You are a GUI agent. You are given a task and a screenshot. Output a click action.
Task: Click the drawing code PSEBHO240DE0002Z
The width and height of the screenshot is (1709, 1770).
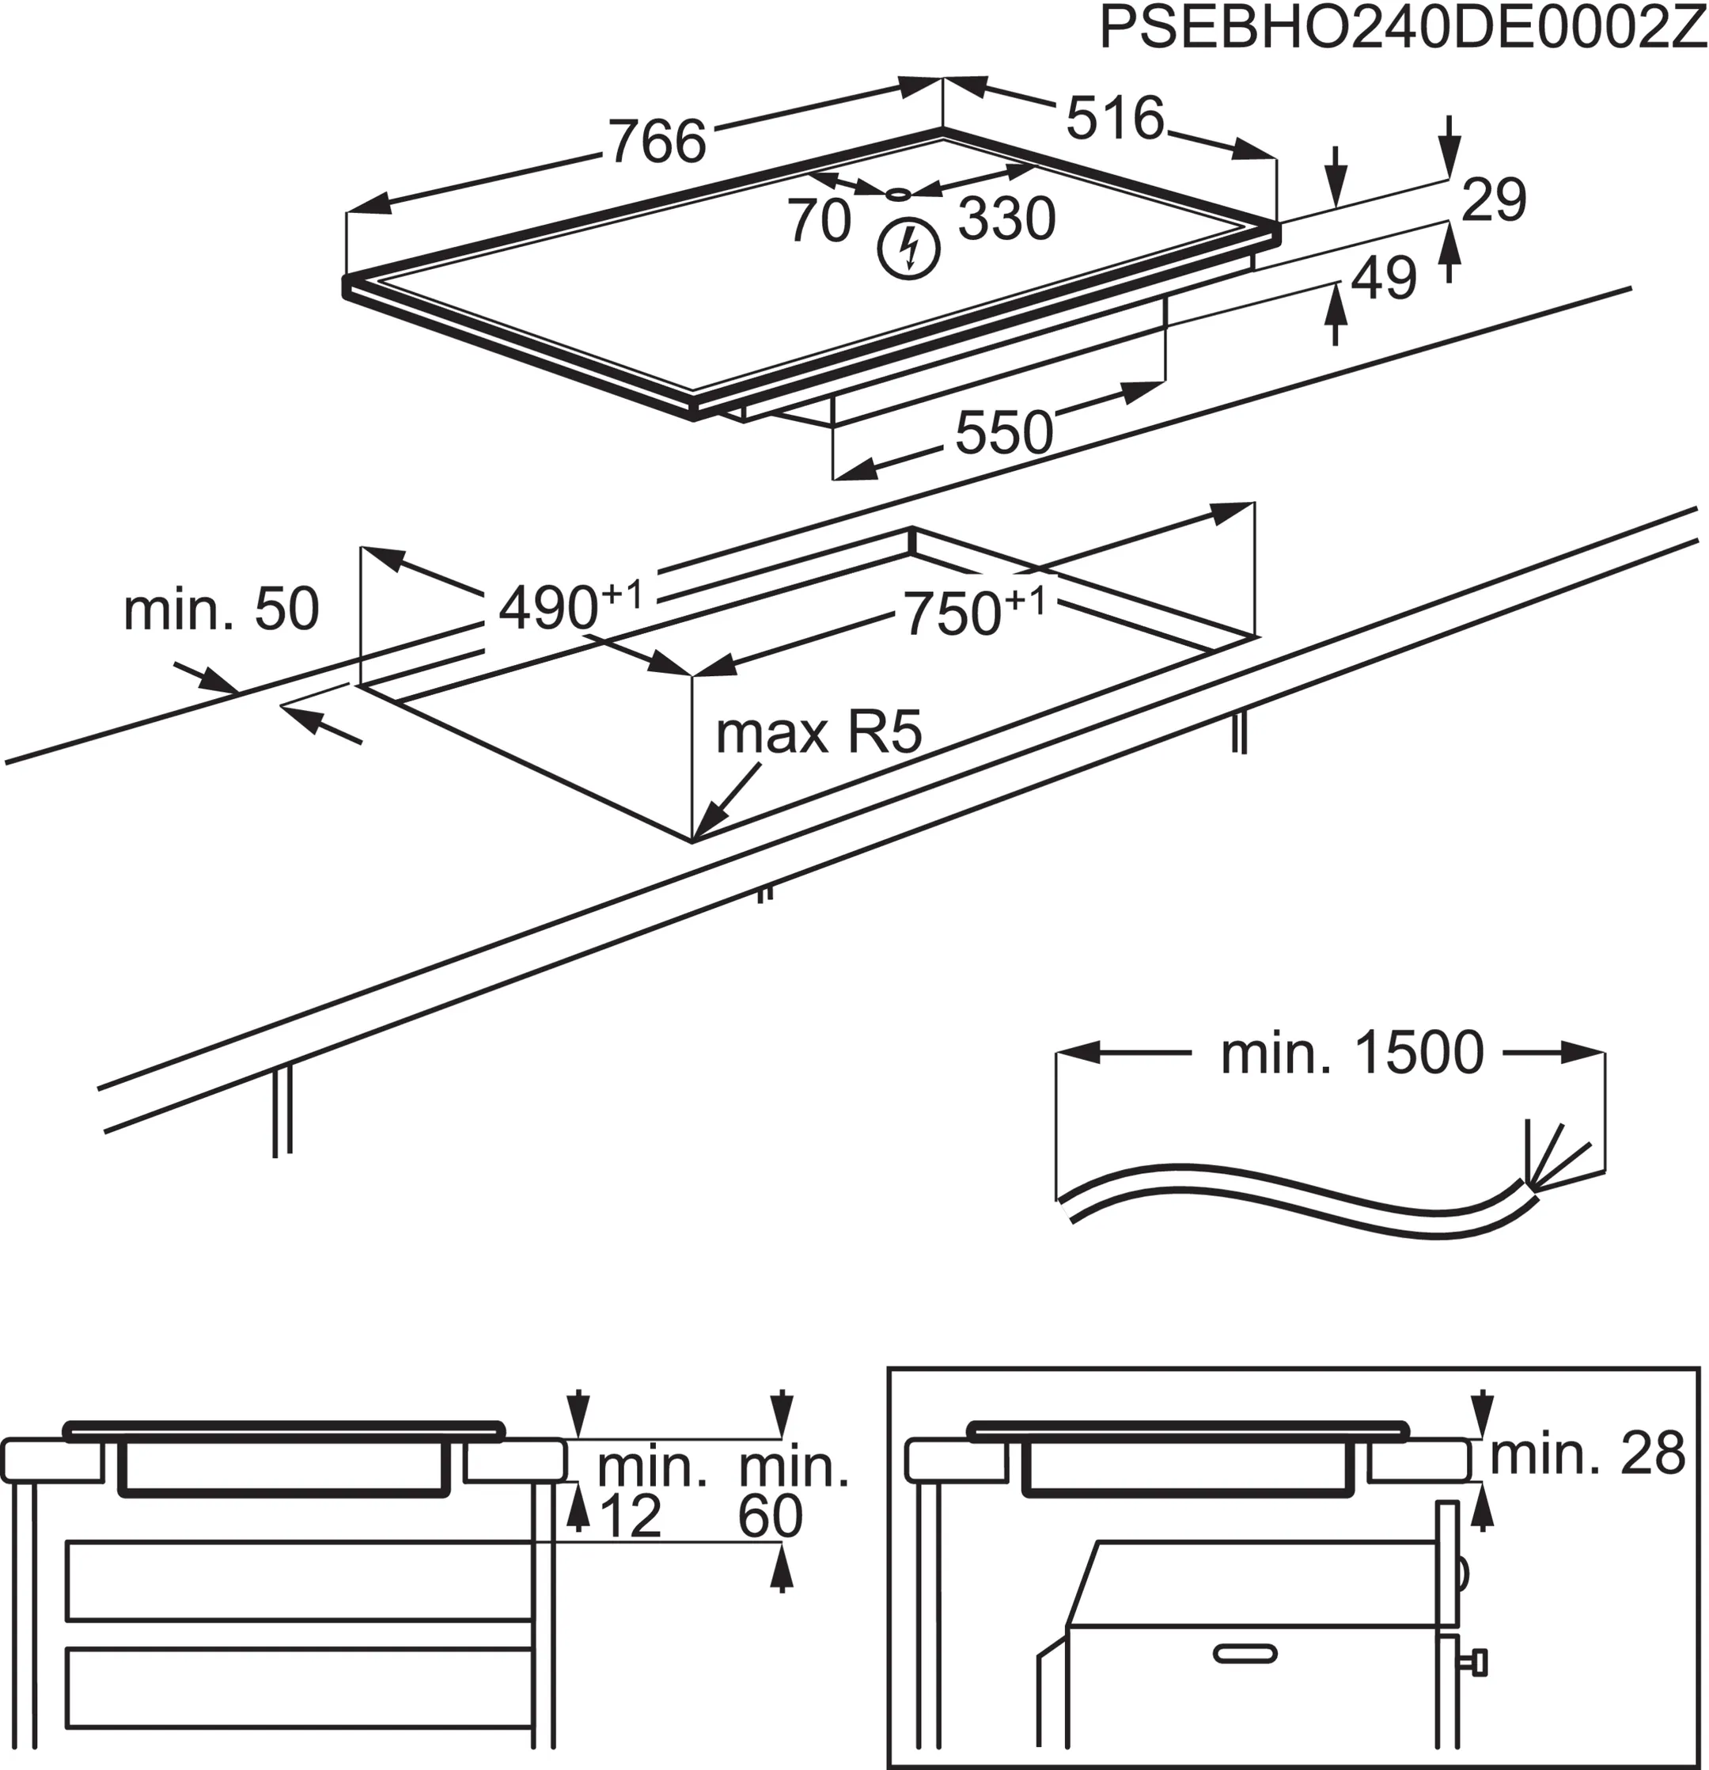click(x=1402, y=30)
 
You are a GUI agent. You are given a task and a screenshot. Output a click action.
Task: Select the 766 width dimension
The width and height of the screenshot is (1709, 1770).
click(x=657, y=142)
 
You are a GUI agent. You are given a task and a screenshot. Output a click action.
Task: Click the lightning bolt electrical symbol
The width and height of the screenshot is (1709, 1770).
click(x=909, y=249)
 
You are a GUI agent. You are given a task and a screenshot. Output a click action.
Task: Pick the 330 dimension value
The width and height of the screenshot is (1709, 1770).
click(x=1006, y=218)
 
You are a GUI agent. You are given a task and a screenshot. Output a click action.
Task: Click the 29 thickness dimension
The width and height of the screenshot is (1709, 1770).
click(x=1493, y=199)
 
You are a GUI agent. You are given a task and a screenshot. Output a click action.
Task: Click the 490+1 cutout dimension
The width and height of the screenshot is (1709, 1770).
click(x=569, y=605)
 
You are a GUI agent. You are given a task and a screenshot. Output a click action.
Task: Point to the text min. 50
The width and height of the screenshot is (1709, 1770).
click(x=222, y=609)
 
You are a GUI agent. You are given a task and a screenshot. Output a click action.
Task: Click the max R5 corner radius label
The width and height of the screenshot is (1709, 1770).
click(x=818, y=732)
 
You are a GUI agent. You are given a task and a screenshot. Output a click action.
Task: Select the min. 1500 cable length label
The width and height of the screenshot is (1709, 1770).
click(x=1351, y=1053)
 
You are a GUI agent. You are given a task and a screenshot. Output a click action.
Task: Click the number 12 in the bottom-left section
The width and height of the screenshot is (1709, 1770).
click(x=629, y=1517)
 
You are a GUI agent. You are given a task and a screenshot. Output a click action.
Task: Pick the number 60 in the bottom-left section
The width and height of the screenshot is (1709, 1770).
click(x=770, y=1517)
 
